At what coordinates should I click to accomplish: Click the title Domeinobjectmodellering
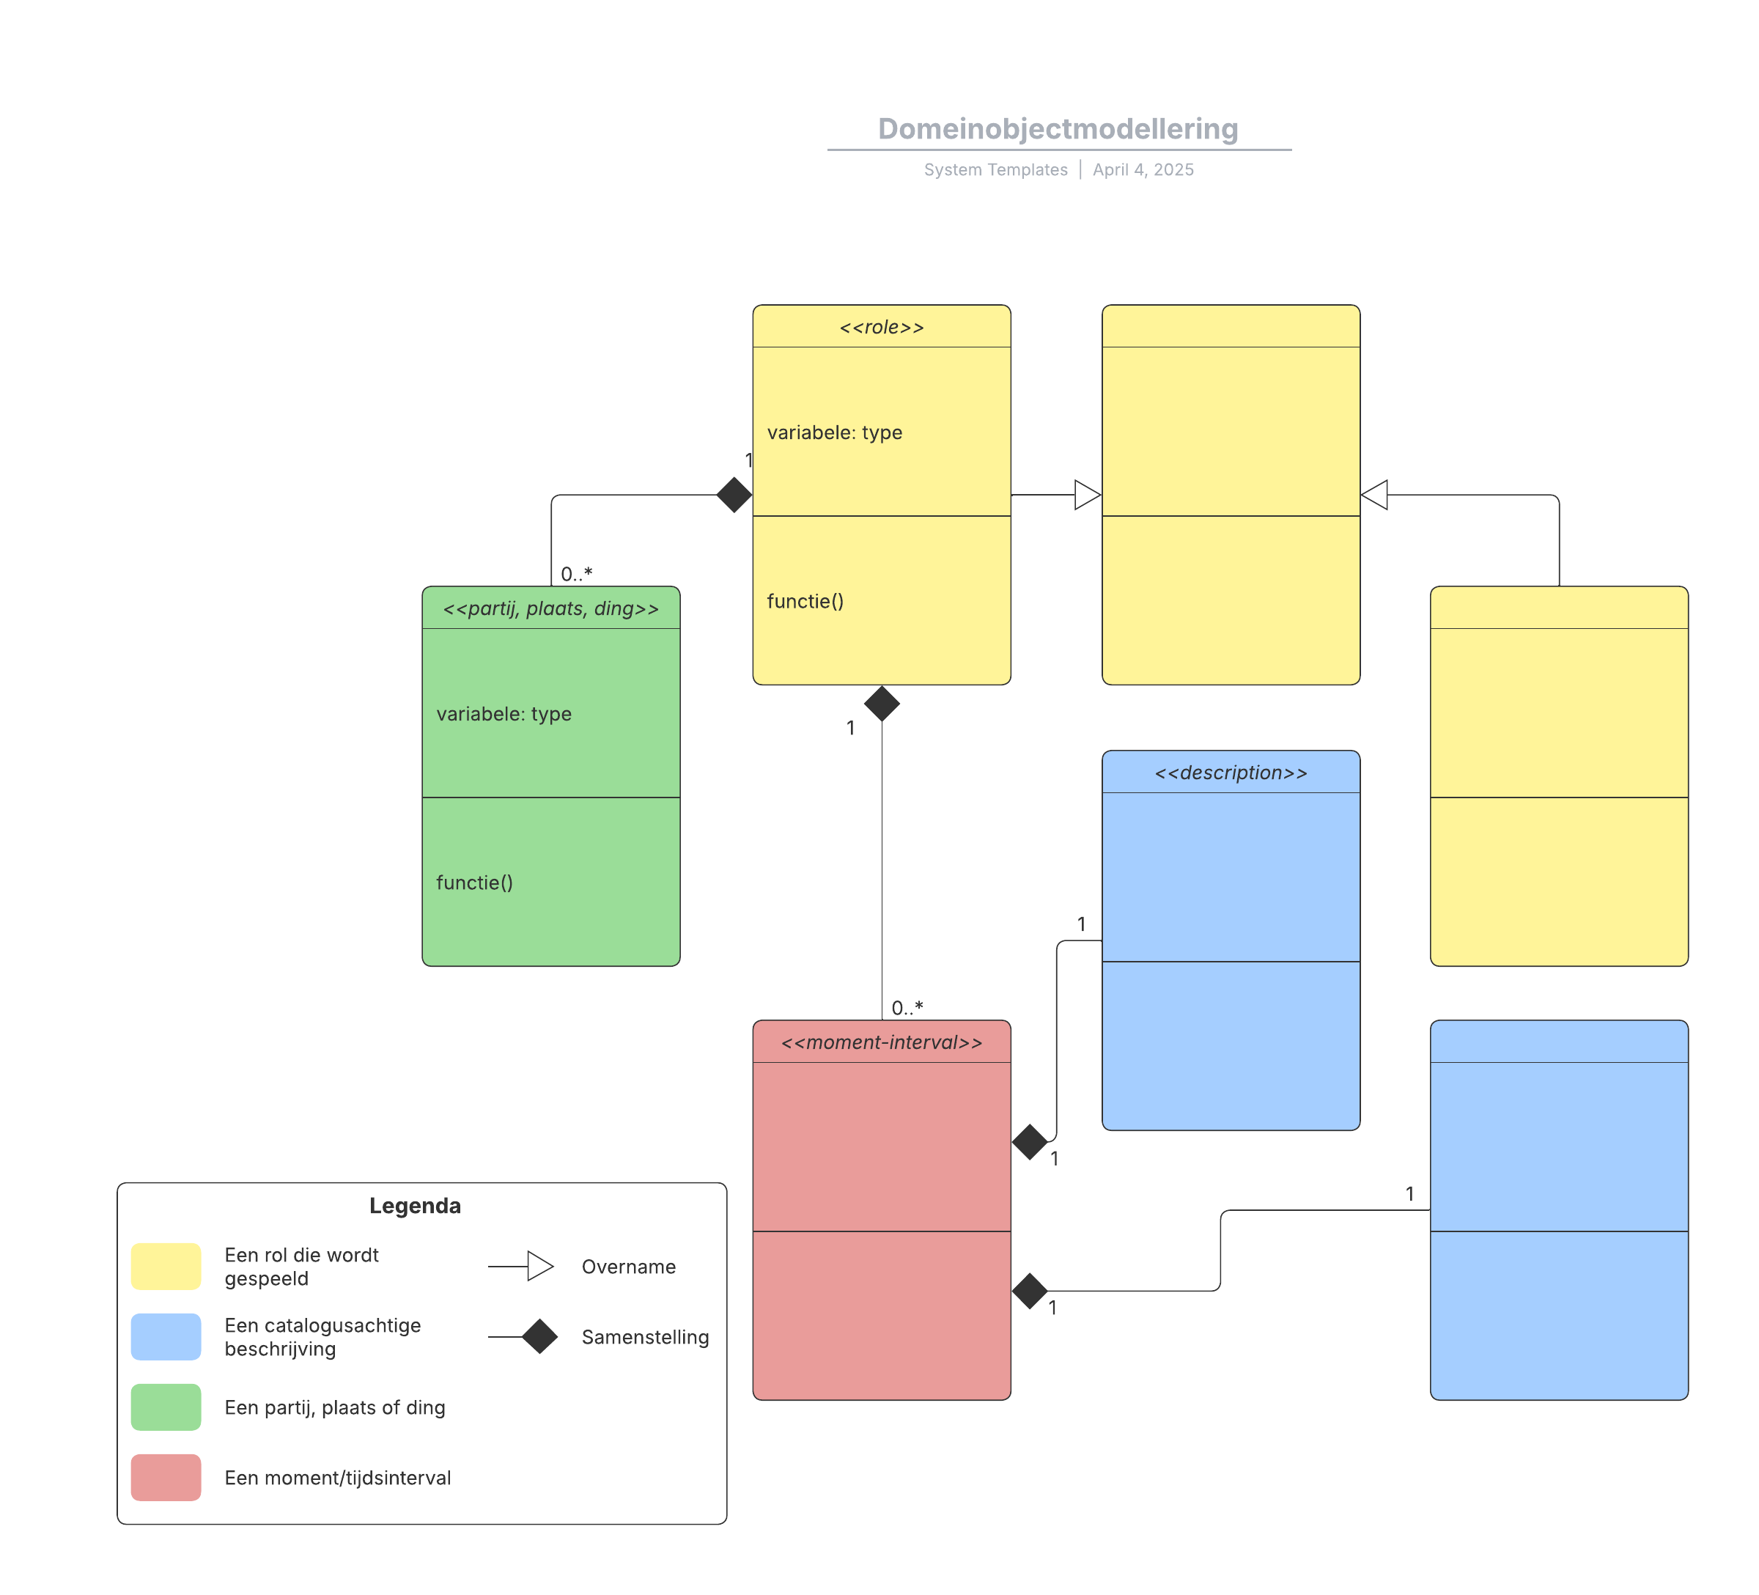tap(1058, 129)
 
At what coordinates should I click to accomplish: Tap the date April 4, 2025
tap(1143, 169)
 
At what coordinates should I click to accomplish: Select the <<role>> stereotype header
tap(881, 327)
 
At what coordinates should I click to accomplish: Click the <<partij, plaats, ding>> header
tap(550, 609)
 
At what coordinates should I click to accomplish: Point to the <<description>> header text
tap(1231, 773)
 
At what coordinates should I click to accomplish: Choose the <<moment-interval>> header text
tap(881, 1042)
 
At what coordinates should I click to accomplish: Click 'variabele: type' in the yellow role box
tap(834, 432)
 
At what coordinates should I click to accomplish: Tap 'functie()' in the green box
tap(473, 883)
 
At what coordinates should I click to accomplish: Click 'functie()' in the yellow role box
tap(805, 601)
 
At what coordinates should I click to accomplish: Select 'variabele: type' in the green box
tap(504, 714)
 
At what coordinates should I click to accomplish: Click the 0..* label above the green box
tap(576, 573)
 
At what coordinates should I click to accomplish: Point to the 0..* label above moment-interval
tap(907, 1008)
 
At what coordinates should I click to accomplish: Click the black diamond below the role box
tap(881, 703)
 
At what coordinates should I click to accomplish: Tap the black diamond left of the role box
tap(734, 495)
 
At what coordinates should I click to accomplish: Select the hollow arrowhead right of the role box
tap(1087, 495)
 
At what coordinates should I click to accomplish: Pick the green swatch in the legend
tap(166, 1407)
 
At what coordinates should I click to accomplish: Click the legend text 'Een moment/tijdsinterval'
tap(338, 1477)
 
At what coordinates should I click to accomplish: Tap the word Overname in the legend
tap(628, 1266)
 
